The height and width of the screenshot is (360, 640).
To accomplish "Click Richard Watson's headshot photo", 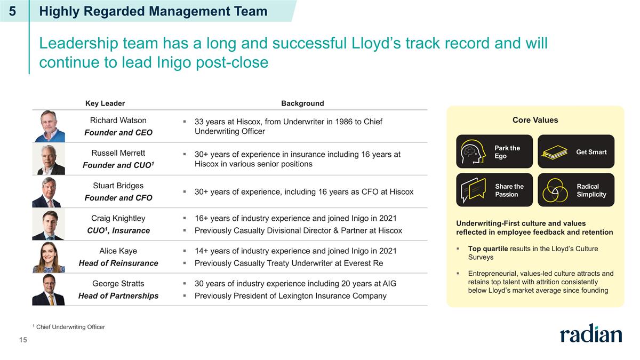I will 49,126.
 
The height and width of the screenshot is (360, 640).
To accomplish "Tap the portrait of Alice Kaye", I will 49,257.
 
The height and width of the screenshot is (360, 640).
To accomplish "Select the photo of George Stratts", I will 49,290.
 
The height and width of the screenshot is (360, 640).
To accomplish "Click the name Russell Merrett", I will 118,153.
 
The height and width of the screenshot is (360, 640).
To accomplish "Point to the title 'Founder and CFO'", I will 118,198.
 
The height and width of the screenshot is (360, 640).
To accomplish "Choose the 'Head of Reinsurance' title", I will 118,263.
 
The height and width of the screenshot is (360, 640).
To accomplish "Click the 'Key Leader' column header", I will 105,103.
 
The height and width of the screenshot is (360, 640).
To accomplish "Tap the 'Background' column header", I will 302,103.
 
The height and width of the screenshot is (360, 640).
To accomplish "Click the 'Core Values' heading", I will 535,120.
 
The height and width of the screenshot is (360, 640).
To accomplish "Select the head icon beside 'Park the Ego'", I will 473,151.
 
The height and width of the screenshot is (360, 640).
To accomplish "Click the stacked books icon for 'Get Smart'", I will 555,152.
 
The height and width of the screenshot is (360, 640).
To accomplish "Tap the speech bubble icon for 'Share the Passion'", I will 473,190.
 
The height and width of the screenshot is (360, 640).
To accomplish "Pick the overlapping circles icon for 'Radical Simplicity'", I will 555,190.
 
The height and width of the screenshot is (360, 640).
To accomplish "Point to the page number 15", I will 23,340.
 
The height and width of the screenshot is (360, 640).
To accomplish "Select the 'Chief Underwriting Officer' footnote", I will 70,327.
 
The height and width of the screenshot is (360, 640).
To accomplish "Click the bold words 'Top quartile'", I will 488,249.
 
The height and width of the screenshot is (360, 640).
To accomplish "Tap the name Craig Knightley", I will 118,218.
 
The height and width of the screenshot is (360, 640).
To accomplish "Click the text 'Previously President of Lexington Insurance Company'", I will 291,295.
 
